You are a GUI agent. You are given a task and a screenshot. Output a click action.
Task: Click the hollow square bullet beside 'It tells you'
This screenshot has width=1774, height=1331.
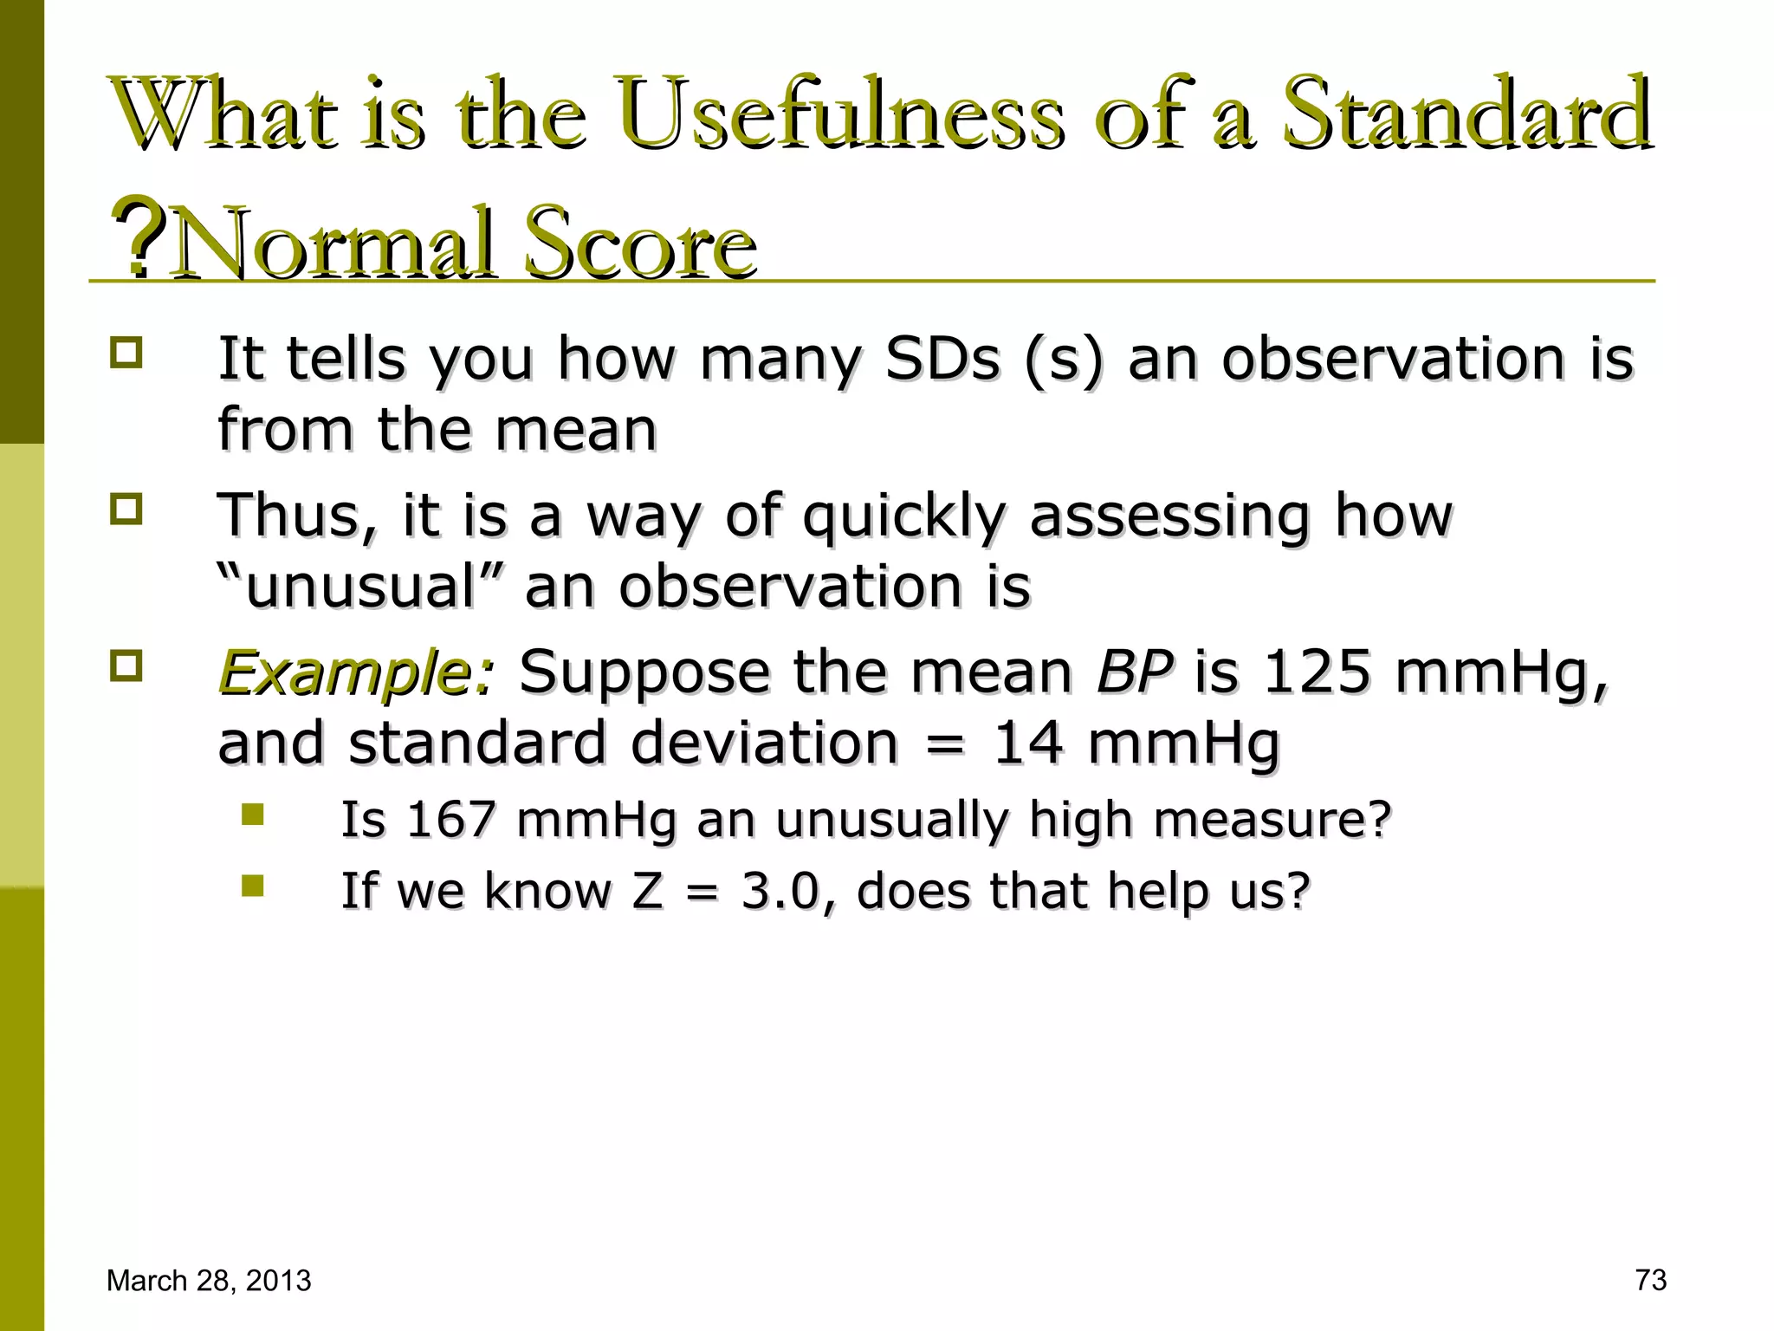[x=126, y=353]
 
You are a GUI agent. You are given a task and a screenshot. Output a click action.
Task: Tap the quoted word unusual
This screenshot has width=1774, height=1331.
[x=360, y=587]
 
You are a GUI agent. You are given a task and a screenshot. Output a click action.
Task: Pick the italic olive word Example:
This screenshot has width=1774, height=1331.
[x=356, y=673]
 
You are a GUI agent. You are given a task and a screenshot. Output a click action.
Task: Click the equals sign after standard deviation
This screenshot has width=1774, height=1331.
[x=944, y=745]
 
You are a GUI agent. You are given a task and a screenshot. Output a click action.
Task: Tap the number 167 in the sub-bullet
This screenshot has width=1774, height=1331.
[x=450, y=819]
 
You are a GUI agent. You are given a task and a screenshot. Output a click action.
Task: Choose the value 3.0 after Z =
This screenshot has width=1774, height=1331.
[x=780, y=891]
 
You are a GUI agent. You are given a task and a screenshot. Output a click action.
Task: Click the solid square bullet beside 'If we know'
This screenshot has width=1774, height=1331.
[x=253, y=886]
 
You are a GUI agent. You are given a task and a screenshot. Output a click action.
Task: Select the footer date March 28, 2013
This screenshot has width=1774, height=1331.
[x=209, y=1281]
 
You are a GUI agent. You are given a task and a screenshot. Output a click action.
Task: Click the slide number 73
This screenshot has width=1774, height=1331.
[x=1651, y=1280]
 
